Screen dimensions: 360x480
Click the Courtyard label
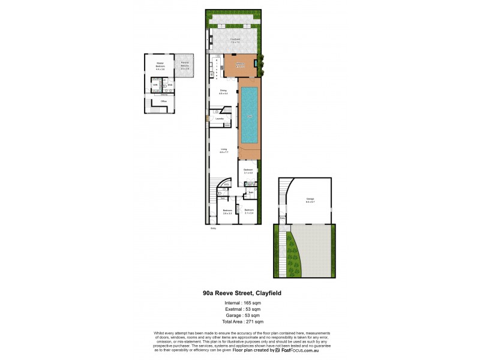(235, 40)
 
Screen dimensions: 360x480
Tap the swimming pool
(249, 115)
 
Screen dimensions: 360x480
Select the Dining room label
(223, 92)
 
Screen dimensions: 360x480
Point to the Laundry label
(220, 119)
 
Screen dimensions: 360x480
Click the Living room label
(223, 151)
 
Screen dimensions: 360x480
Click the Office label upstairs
(163, 101)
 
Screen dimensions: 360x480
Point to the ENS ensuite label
(170, 85)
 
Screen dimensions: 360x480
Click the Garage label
(310, 200)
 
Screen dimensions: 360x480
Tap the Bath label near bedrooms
(251, 193)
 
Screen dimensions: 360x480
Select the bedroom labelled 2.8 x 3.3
(227, 211)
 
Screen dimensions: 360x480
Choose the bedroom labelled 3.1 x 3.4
(248, 211)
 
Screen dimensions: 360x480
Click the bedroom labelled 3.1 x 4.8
(248, 171)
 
